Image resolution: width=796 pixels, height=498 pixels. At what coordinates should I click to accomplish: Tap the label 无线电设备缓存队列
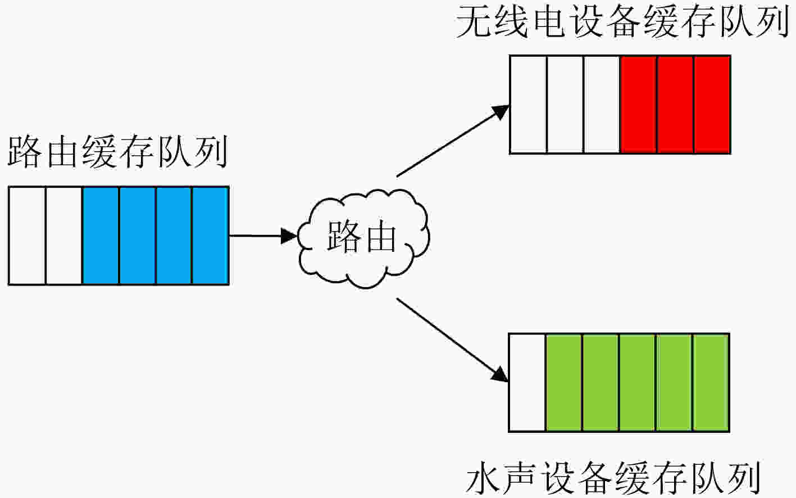point(622,21)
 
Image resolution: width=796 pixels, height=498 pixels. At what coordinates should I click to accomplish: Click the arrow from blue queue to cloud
point(263,236)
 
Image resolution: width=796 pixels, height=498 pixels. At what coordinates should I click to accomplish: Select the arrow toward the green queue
point(453,340)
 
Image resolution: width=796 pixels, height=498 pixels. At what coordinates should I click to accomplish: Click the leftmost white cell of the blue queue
point(27,236)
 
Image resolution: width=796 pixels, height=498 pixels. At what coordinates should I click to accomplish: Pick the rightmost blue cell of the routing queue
point(210,236)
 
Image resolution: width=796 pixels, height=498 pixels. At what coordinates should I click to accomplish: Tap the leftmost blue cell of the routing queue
point(101,236)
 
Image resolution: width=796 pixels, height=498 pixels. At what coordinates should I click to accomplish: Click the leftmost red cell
point(638,105)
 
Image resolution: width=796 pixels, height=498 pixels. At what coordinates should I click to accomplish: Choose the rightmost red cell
point(712,105)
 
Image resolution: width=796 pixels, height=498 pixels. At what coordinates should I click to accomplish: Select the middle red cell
point(675,105)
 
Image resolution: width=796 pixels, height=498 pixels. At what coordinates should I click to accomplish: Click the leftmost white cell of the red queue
point(529,105)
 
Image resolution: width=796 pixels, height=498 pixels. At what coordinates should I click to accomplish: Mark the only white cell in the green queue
point(527,383)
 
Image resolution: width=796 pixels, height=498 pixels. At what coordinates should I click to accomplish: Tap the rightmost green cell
point(711,383)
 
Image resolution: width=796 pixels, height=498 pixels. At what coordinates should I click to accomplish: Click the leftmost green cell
point(564,383)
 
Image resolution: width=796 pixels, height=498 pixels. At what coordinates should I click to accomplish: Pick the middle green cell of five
point(637,383)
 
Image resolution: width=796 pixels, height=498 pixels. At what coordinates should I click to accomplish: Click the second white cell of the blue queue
point(64,236)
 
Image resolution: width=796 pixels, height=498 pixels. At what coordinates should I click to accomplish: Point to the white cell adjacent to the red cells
point(602,105)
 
